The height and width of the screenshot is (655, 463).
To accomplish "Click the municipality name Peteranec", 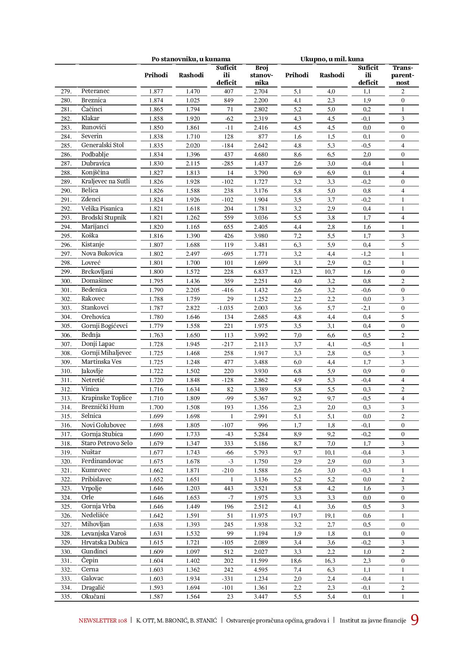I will pos(95,91).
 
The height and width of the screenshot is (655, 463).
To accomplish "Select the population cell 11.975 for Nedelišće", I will pos(261,516).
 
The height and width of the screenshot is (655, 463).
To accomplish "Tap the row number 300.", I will pos(66,281).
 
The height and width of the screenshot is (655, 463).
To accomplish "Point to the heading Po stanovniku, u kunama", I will pos(191,59).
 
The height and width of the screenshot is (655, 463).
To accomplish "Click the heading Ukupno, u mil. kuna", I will pos(332,59).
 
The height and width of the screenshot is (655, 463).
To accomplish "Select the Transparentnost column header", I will pos(403,75).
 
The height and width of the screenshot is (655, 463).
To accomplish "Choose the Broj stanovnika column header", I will pos(261,75).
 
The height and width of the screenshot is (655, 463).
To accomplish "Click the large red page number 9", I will pos(414,620).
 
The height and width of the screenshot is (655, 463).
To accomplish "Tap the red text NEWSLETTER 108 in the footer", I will pos(103,621).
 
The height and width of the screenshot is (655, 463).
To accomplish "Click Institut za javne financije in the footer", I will pos(372,621).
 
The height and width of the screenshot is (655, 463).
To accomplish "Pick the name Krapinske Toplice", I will pos(106,398).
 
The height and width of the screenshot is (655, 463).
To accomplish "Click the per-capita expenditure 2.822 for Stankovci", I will pos(193,308).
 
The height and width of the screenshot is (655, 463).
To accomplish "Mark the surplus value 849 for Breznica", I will pos(228,100).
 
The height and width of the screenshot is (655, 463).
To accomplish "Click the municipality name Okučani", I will pos(93,596).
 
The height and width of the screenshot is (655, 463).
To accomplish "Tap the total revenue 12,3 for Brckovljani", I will pos(296,272).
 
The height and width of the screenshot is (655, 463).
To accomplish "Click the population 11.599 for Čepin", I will pos(261,561).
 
